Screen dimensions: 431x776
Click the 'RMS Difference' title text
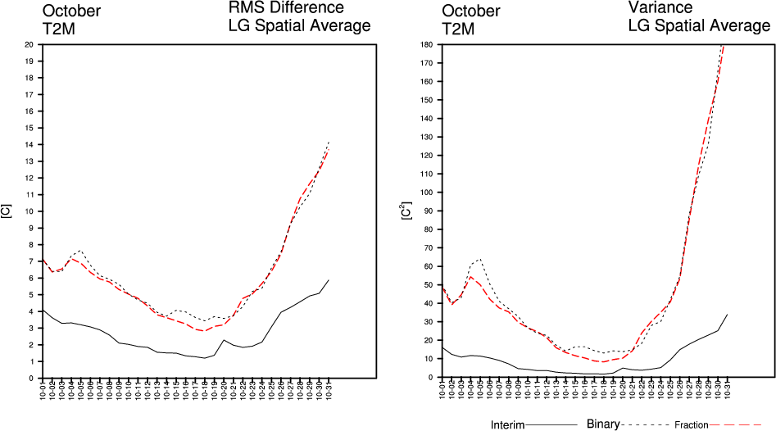(286, 9)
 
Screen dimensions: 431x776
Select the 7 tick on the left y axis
(30, 261)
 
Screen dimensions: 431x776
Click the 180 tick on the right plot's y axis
(425, 44)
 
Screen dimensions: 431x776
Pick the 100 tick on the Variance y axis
(425, 193)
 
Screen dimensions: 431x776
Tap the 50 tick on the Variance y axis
(428, 285)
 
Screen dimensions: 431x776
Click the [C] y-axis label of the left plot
(6, 211)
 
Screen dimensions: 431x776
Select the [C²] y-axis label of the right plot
(404, 211)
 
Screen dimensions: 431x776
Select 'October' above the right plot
(470, 11)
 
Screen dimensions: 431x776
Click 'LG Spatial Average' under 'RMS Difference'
(299, 26)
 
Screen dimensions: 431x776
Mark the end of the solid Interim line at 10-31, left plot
(329, 280)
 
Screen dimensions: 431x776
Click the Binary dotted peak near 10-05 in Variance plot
(479, 260)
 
